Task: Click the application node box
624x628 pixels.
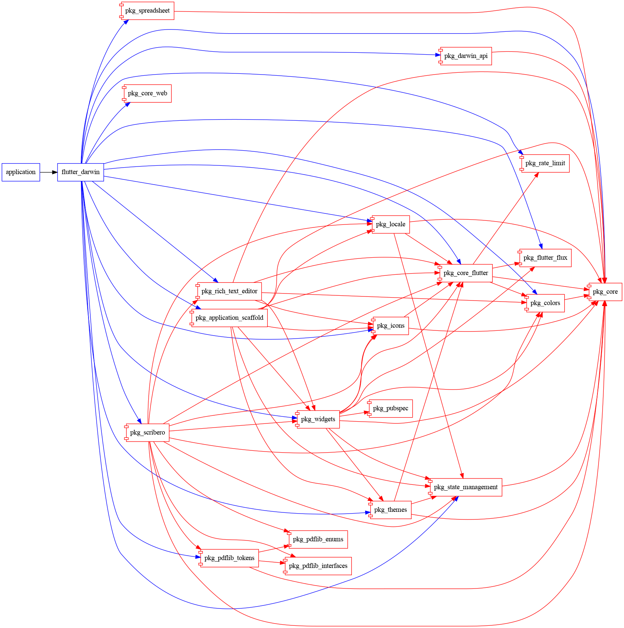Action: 21,172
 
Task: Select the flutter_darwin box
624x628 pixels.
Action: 80,172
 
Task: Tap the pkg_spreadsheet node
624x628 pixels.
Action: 148,11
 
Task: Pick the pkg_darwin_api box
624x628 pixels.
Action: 466,56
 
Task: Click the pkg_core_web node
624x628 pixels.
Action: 148,93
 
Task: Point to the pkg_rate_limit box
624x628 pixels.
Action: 545,163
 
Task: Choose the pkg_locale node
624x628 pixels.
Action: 391,224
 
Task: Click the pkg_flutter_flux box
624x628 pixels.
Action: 545,258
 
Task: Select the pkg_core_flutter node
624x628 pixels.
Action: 466,273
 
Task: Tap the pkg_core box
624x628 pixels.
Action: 605,292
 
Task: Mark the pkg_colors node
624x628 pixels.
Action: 545,303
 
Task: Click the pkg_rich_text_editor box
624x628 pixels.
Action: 229,291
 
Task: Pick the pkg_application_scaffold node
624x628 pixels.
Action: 229,318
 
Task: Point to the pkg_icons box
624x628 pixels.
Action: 391,326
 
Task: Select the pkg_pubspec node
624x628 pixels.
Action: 391,408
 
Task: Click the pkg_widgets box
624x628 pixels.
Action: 318,419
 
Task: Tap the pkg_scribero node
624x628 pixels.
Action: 148,432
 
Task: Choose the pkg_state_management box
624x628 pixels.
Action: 466,487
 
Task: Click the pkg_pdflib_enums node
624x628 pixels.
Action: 318,539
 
